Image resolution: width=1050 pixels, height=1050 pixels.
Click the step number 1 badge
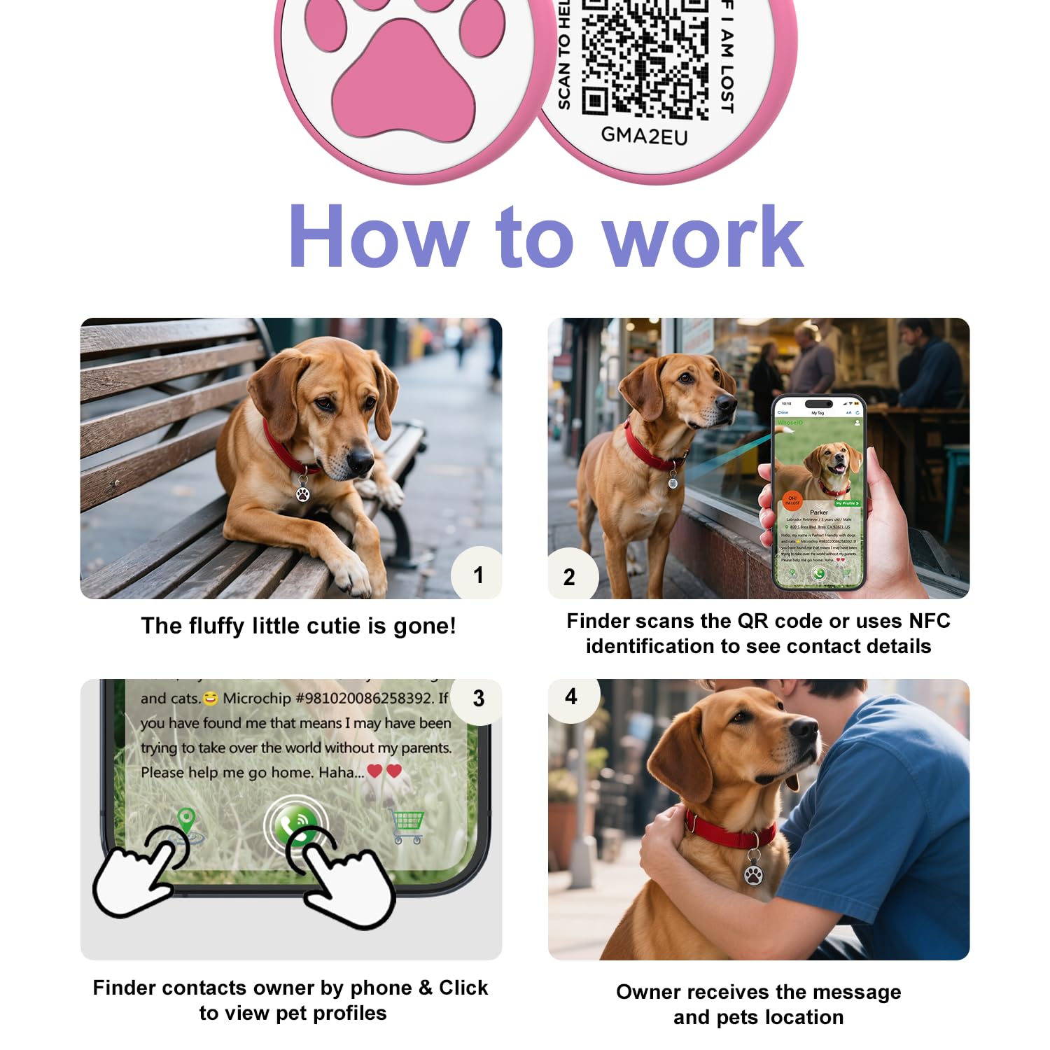coord(478,575)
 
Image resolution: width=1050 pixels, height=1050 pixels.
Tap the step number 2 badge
coord(570,577)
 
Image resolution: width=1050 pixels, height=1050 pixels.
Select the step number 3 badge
coord(479,698)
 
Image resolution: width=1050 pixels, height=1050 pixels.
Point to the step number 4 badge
coord(571,696)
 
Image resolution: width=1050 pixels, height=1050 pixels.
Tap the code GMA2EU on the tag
coord(644,135)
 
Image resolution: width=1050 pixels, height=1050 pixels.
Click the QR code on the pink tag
coord(645,56)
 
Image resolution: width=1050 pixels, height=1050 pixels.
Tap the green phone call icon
coord(297,825)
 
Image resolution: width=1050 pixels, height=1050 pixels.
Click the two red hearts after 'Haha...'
coord(384,771)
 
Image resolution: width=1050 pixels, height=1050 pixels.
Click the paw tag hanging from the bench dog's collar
coord(303,493)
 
